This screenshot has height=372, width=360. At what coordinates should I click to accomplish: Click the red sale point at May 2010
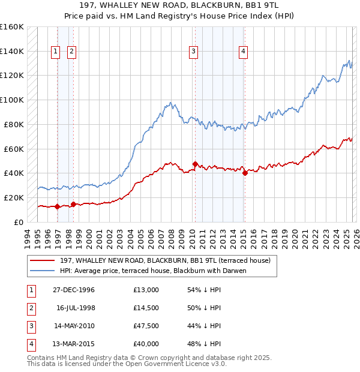coord(195,164)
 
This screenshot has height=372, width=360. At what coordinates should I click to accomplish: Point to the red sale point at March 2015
coord(245,173)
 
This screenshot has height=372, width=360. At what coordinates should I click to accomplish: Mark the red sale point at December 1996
coord(58,206)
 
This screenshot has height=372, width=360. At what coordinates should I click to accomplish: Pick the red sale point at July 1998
coord(73,204)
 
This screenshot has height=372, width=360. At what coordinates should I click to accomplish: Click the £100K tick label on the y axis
coord(12,100)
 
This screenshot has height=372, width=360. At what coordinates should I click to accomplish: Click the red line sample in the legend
coord(43,260)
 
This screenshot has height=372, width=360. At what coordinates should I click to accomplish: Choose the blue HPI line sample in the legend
coord(43,270)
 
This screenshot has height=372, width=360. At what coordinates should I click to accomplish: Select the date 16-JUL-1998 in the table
coord(76,308)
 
